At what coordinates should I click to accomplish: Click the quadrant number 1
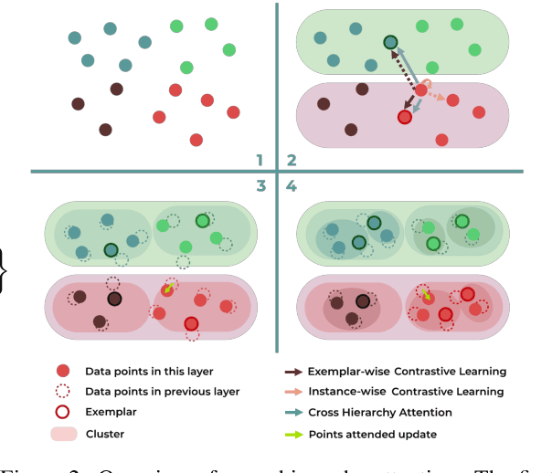pos(260,159)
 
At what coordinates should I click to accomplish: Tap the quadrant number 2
pos(292,159)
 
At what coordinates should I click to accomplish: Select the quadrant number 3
pos(260,186)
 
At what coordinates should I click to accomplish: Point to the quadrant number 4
pos(292,186)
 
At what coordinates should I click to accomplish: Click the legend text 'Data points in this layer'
pos(148,372)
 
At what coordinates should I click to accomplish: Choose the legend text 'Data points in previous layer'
pos(162,392)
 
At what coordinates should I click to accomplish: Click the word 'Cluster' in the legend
pos(104,434)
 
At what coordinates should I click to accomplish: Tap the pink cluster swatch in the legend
pos(63,434)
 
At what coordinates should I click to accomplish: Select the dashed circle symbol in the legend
pos(63,392)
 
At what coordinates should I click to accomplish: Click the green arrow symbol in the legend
pos(296,434)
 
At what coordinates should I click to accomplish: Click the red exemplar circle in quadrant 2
pos(405,116)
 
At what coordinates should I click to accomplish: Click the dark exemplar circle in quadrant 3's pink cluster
pos(114,299)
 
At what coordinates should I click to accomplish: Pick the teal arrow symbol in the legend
pos(296,413)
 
